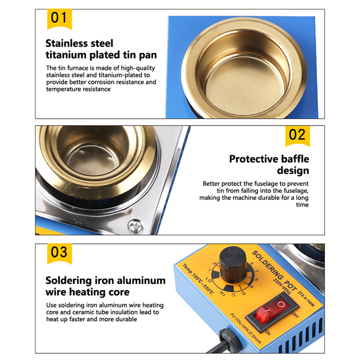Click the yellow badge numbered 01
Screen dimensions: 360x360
click(60, 19)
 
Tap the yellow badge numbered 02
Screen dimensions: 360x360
click(297, 136)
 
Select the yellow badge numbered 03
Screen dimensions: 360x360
click(60, 254)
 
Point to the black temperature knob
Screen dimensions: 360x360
click(233, 264)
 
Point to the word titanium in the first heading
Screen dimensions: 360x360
click(66, 55)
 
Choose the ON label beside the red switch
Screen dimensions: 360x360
click(268, 333)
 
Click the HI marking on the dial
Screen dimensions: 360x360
click(222, 293)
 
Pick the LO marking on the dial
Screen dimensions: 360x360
click(209, 280)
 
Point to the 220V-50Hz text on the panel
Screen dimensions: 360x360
click(282, 286)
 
